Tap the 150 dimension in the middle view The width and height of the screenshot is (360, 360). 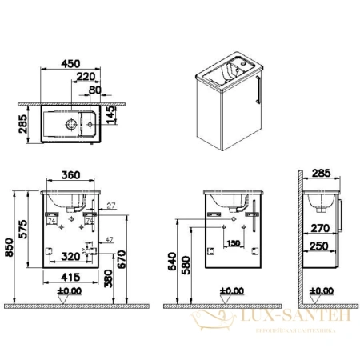pyautogui.click(x=233, y=244)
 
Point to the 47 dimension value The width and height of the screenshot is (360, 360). pyautogui.click(x=109, y=239)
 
